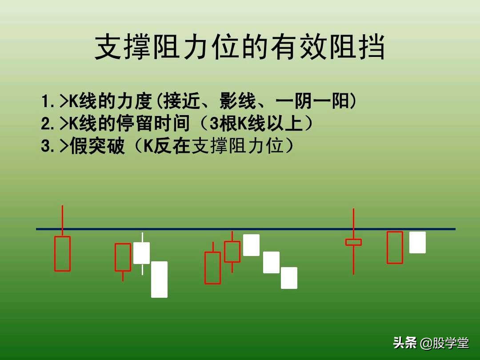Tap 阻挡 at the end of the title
pyautogui.click(x=357, y=48)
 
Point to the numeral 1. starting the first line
pyautogui.click(x=47, y=102)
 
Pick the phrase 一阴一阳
pyautogui.click(x=313, y=102)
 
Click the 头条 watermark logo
pyautogui.click(x=405, y=343)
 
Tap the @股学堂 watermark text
pyautogui.click(x=444, y=343)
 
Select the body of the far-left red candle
pyautogui.click(x=62, y=254)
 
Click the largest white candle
pyautogui.click(x=159, y=280)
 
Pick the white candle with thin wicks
pyautogui.click(x=142, y=253)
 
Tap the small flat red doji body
pyautogui.click(x=353, y=242)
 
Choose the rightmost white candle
pyautogui.click(x=417, y=242)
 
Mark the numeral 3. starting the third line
pyautogui.click(x=47, y=146)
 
